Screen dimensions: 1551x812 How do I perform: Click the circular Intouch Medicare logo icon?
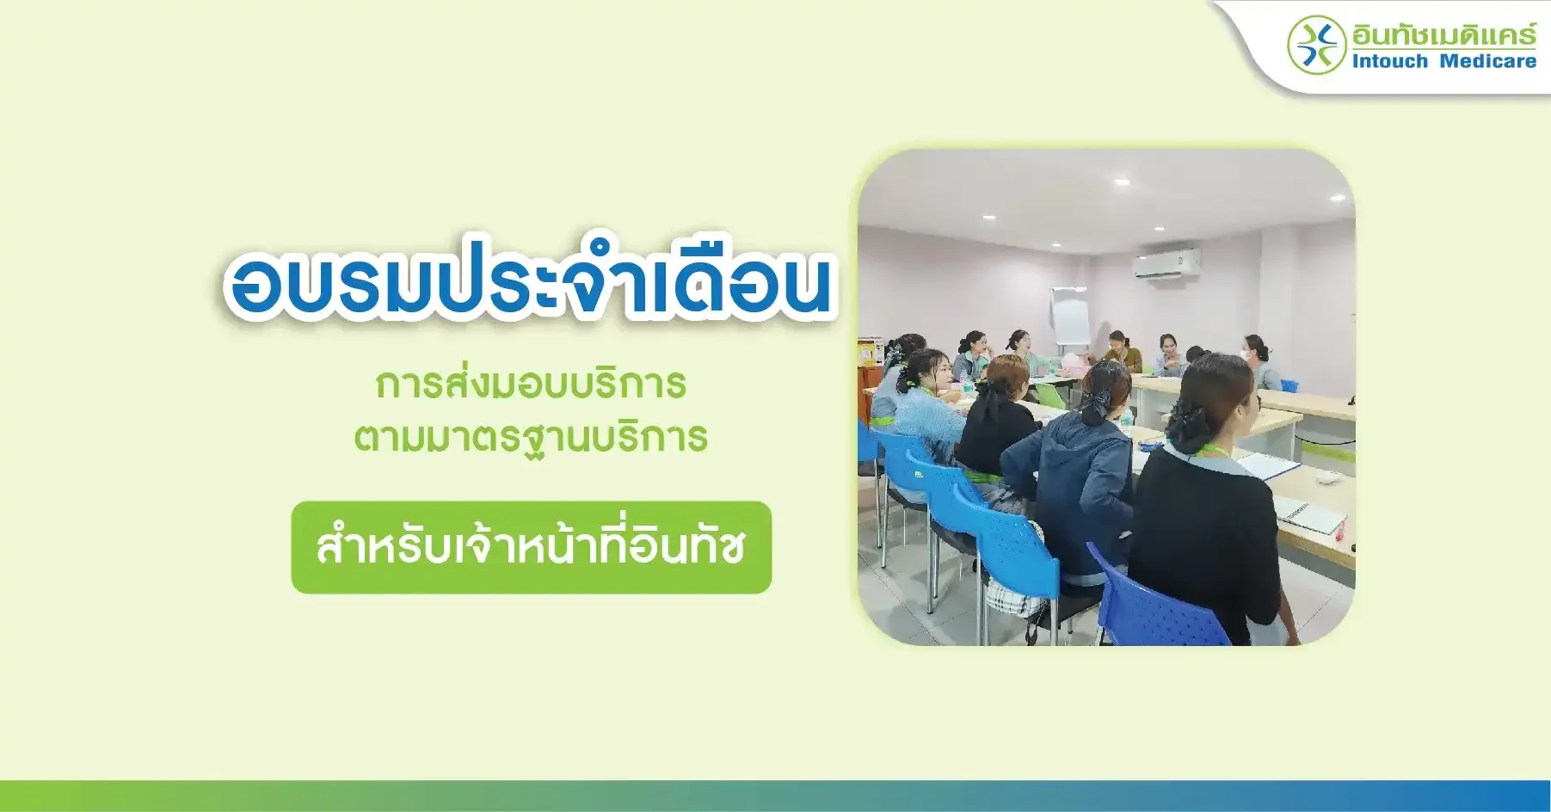1316,45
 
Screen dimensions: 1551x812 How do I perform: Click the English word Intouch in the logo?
1390,61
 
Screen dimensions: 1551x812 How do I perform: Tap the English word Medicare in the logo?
1488,61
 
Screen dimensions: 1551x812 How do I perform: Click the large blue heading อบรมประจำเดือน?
530,277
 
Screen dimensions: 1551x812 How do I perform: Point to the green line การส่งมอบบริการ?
531,384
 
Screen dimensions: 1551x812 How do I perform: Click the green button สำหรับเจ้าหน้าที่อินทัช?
532,547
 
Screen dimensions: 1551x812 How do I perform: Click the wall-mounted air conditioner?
1166,263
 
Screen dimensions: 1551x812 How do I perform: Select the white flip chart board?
1069,317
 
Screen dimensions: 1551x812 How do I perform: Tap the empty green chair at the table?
1050,396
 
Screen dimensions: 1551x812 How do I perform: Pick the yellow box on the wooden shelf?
866,354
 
